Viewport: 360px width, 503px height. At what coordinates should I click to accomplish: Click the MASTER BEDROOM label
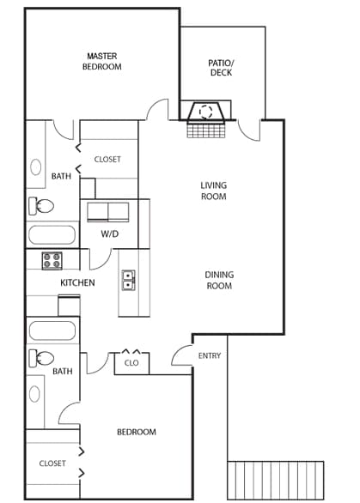(x=101, y=61)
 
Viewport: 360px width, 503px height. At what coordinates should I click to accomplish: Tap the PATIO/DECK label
(x=221, y=67)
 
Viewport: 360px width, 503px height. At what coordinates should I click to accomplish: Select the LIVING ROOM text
(x=213, y=191)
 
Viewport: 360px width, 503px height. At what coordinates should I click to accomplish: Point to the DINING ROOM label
(x=219, y=280)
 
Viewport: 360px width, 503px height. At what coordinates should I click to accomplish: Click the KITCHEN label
(x=77, y=282)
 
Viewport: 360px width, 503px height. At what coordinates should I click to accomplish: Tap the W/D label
(x=110, y=233)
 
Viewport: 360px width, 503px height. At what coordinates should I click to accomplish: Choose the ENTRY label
(x=209, y=355)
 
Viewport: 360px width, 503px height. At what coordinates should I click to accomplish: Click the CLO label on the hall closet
(x=131, y=363)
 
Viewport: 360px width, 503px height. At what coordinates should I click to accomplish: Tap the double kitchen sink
(x=129, y=281)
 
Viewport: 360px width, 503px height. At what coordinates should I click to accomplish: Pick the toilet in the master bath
(x=40, y=206)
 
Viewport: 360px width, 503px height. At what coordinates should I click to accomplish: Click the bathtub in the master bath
(x=52, y=235)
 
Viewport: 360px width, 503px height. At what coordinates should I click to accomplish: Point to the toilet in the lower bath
(x=40, y=358)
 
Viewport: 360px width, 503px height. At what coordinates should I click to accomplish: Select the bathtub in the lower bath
(x=52, y=330)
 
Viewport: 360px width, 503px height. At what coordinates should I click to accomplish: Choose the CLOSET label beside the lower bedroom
(x=52, y=464)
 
